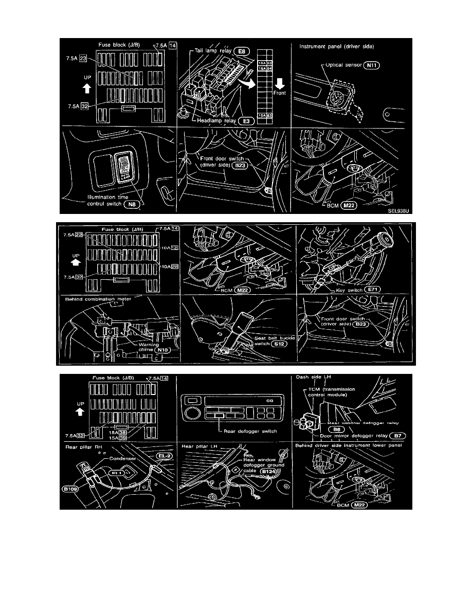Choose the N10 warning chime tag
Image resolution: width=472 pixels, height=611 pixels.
coord(164,349)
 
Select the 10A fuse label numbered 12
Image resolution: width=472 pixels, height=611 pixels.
coord(166,248)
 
